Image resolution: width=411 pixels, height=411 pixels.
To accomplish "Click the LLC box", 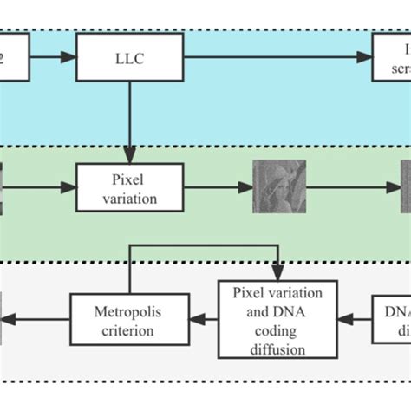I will point(130,57).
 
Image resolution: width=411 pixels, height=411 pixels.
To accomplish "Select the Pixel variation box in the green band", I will point(130,186).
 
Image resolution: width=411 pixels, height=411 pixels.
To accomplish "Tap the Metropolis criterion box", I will point(128,318).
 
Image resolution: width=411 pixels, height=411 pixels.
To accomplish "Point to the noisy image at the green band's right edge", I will point(405,186).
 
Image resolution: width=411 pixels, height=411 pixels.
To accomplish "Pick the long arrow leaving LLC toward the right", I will point(277,57).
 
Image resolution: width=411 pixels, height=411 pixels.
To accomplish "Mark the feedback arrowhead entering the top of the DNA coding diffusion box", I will point(277,273).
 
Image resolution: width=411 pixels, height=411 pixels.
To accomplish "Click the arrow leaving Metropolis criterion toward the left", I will point(35,318).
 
